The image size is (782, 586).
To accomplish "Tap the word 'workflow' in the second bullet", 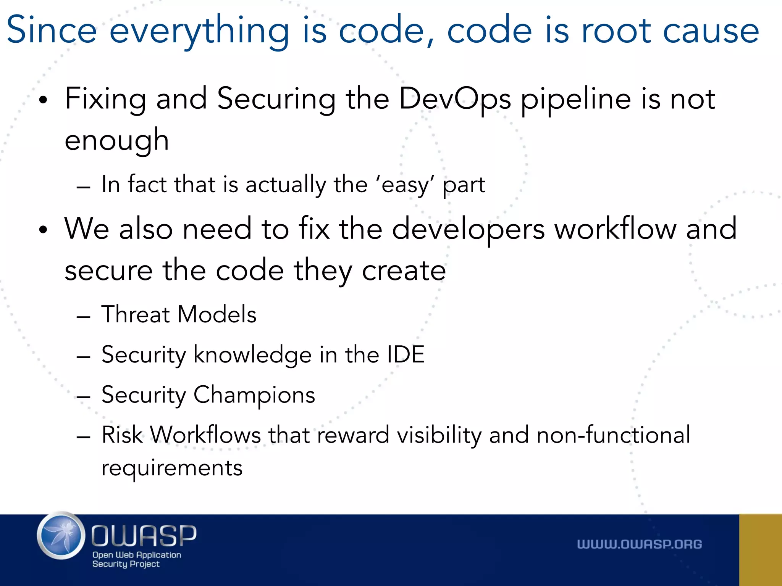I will [x=616, y=229].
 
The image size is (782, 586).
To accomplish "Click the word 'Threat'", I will [x=136, y=315].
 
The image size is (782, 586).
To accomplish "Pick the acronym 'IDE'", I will [x=405, y=354].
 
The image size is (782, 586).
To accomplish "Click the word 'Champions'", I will [x=254, y=395].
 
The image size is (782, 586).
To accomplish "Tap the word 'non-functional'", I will [x=613, y=435].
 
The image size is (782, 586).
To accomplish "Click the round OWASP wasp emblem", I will [x=61, y=536].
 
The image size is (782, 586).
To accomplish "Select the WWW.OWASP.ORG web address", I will [x=639, y=544].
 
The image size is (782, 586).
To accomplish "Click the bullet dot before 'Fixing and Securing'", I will [x=43, y=100].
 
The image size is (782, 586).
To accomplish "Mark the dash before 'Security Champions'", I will [x=83, y=397].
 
